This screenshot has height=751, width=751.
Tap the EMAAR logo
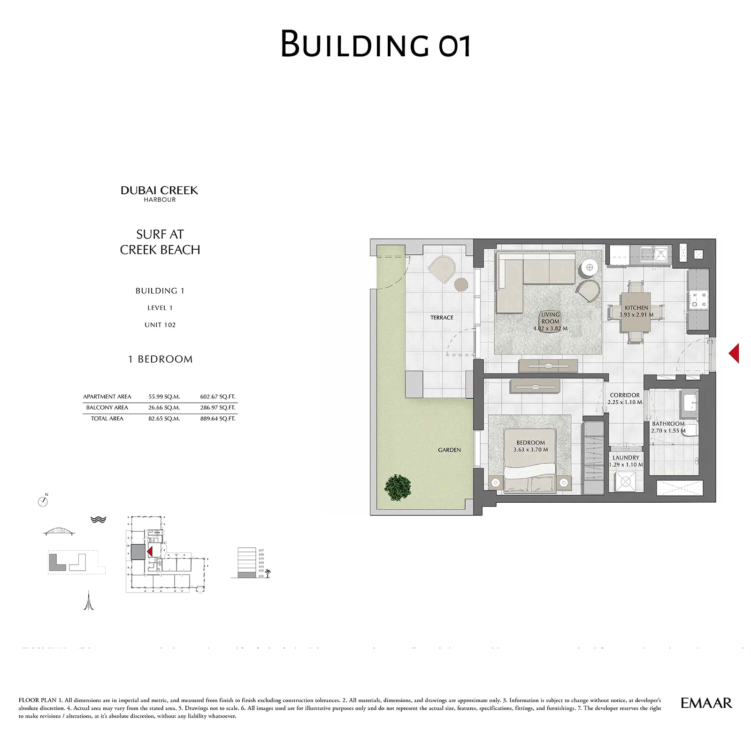click(x=706, y=703)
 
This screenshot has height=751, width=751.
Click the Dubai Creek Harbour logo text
click(x=160, y=193)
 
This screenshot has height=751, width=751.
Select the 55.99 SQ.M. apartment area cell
click(x=164, y=397)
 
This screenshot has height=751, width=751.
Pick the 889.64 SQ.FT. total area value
click(x=218, y=419)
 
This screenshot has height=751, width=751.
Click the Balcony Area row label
click(x=107, y=407)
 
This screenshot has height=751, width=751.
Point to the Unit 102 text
click(x=160, y=325)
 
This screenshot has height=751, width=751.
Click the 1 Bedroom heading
click(x=160, y=359)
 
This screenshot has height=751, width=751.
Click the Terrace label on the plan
click(x=442, y=318)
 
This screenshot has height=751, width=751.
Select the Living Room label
click(x=550, y=321)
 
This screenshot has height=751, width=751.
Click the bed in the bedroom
click(x=529, y=465)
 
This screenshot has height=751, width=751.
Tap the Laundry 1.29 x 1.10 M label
click(x=626, y=461)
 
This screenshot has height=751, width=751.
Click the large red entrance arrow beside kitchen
click(x=734, y=353)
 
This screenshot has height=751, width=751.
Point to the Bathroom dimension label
click(x=668, y=427)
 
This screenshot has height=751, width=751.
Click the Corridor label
click(x=625, y=398)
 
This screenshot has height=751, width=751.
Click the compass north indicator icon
click(x=43, y=501)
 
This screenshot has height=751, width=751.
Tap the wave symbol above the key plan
click(x=98, y=520)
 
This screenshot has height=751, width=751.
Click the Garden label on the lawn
click(x=449, y=450)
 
